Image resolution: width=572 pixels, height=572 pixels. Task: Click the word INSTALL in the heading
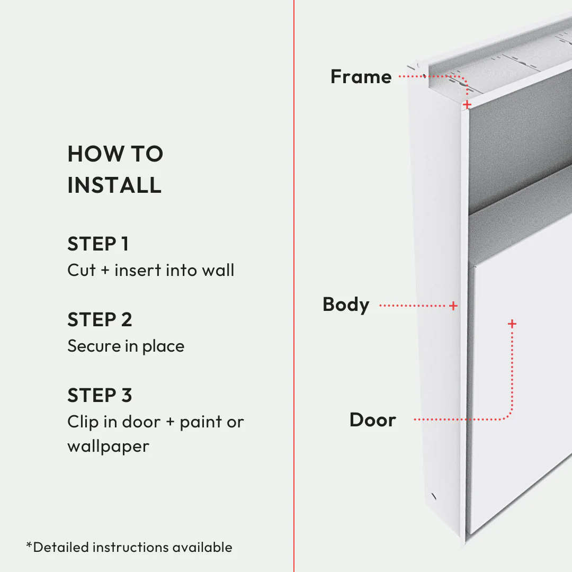coord(114,185)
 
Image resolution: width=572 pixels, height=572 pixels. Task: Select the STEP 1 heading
coord(98,244)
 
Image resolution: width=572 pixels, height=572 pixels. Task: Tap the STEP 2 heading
coord(100,320)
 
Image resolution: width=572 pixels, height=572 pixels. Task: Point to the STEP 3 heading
coord(100,396)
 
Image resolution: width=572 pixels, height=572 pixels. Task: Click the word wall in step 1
coord(218,270)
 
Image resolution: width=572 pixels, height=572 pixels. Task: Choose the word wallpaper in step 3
coord(108,446)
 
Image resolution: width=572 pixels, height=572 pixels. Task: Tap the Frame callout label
coord(361,77)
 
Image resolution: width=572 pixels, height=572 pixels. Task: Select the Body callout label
coord(346,305)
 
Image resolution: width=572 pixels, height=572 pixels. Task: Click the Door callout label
coord(372,420)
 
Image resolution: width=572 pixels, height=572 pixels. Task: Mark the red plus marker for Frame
coord(467,105)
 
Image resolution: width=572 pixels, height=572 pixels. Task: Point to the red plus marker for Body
coord(453,306)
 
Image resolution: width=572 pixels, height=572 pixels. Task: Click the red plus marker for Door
coord(512,323)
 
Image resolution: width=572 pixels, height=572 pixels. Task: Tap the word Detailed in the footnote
coord(60,547)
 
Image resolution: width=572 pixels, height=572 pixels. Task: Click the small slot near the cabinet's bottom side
coord(434,497)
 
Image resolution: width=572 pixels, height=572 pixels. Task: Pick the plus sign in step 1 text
coord(105,271)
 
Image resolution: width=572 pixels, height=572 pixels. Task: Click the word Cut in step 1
coord(81,270)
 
